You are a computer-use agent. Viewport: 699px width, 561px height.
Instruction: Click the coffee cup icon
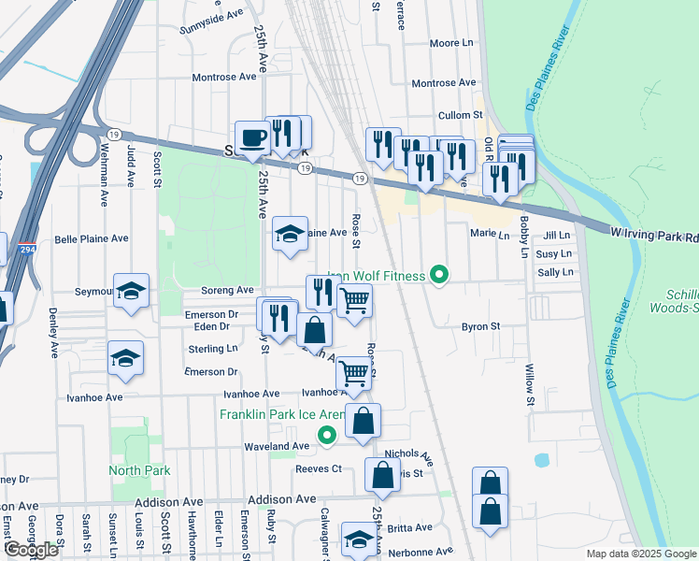(x=252, y=138)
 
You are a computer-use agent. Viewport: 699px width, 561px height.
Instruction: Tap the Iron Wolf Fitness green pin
(x=436, y=275)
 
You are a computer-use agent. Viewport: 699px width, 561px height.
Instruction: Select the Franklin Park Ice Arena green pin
(x=326, y=435)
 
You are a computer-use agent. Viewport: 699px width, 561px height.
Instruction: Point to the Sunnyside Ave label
(x=210, y=14)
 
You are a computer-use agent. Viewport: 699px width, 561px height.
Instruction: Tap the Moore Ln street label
(x=452, y=43)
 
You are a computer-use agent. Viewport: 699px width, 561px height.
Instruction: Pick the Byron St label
(x=481, y=327)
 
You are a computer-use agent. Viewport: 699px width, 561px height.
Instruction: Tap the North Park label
(x=138, y=470)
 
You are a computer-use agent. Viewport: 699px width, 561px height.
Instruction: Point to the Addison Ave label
(x=173, y=502)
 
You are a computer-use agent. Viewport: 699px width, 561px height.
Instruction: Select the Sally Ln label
(x=554, y=272)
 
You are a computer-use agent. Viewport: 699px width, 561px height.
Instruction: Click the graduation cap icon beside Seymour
(x=131, y=291)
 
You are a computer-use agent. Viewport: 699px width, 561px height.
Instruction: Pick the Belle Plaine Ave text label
(x=92, y=238)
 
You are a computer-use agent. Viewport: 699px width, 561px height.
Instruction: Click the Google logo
(x=31, y=550)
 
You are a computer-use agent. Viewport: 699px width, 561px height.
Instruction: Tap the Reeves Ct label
(x=320, y=468)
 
